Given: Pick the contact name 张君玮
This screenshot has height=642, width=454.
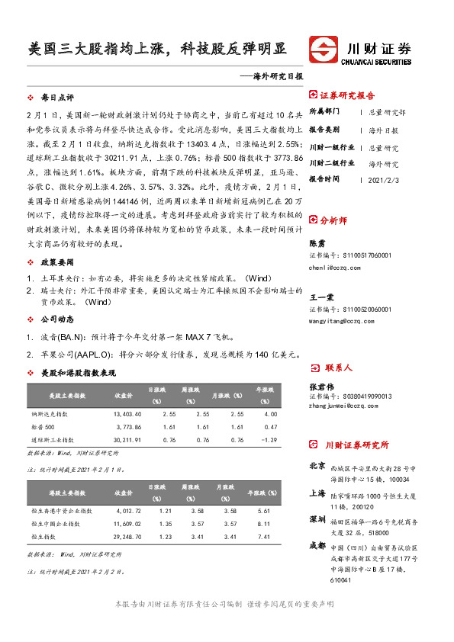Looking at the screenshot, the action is click(320, 387).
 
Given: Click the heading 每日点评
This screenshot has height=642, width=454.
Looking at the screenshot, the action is click(56, 98).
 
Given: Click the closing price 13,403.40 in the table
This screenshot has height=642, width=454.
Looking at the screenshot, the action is click(127, 413).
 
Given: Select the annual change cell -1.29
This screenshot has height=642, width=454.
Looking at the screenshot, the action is click(268, 440).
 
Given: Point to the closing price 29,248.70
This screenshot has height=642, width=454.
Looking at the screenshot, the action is click(127, 537).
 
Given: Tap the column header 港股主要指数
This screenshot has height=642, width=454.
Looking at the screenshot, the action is click(66, 490).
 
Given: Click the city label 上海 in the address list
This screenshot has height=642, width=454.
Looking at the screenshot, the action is click(317, 493).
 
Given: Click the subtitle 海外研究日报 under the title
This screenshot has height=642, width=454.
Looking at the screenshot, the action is click(279, 76).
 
